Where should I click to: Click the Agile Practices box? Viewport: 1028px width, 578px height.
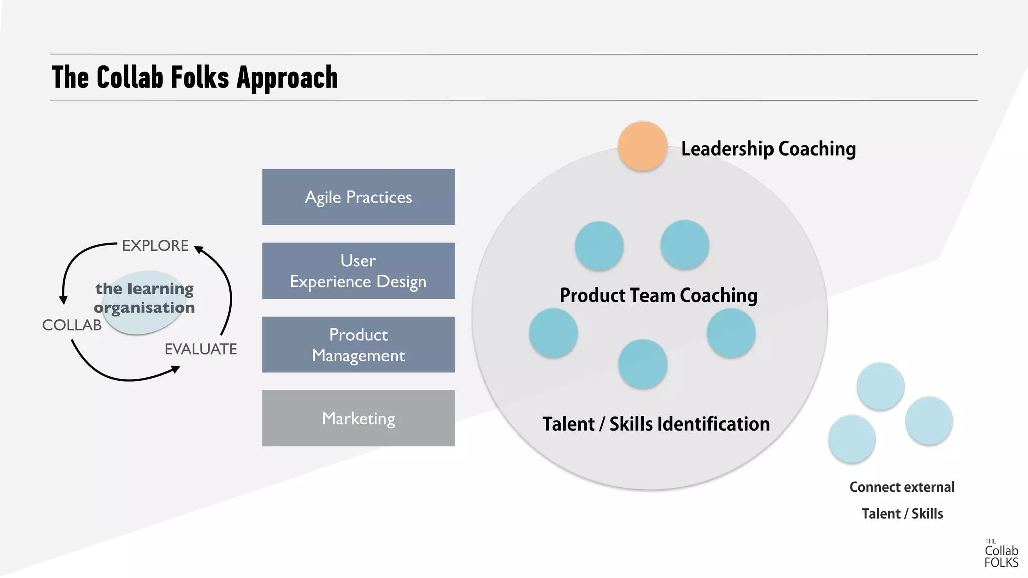click(x=358, y=197)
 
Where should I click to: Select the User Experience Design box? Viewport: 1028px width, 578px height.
click(x=358, y=271)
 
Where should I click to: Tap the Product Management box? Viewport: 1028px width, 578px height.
click(x=358, y=345)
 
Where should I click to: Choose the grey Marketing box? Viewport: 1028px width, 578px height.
click(x=358, y=418)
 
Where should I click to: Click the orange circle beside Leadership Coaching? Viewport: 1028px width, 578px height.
click(x=642, y=146)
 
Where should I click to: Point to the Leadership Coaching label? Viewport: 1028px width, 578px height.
click(x=768, y=149)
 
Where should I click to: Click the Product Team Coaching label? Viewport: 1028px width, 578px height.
click(x=658, y=295)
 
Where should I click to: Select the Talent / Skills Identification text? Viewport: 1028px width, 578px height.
click(x=656, y=424)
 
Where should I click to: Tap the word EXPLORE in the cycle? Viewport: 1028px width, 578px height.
click(x=155, y=245)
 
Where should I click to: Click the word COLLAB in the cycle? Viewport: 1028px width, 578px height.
click(x=72, y=325)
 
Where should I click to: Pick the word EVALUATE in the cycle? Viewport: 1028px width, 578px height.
click(x=201, y=349)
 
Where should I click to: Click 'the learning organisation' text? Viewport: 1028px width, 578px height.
click(x=145, y=298)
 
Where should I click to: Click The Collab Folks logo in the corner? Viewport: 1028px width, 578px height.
click(x=1001, y=554)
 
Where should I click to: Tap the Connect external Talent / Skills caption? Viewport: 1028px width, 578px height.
click(x=902, y=500)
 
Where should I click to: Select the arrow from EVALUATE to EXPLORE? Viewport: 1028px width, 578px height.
click(x=226, y=286)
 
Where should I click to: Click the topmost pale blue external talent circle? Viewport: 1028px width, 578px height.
click(x=880, y=386)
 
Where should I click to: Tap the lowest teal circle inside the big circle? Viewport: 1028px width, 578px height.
click(x=642, y=364)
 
